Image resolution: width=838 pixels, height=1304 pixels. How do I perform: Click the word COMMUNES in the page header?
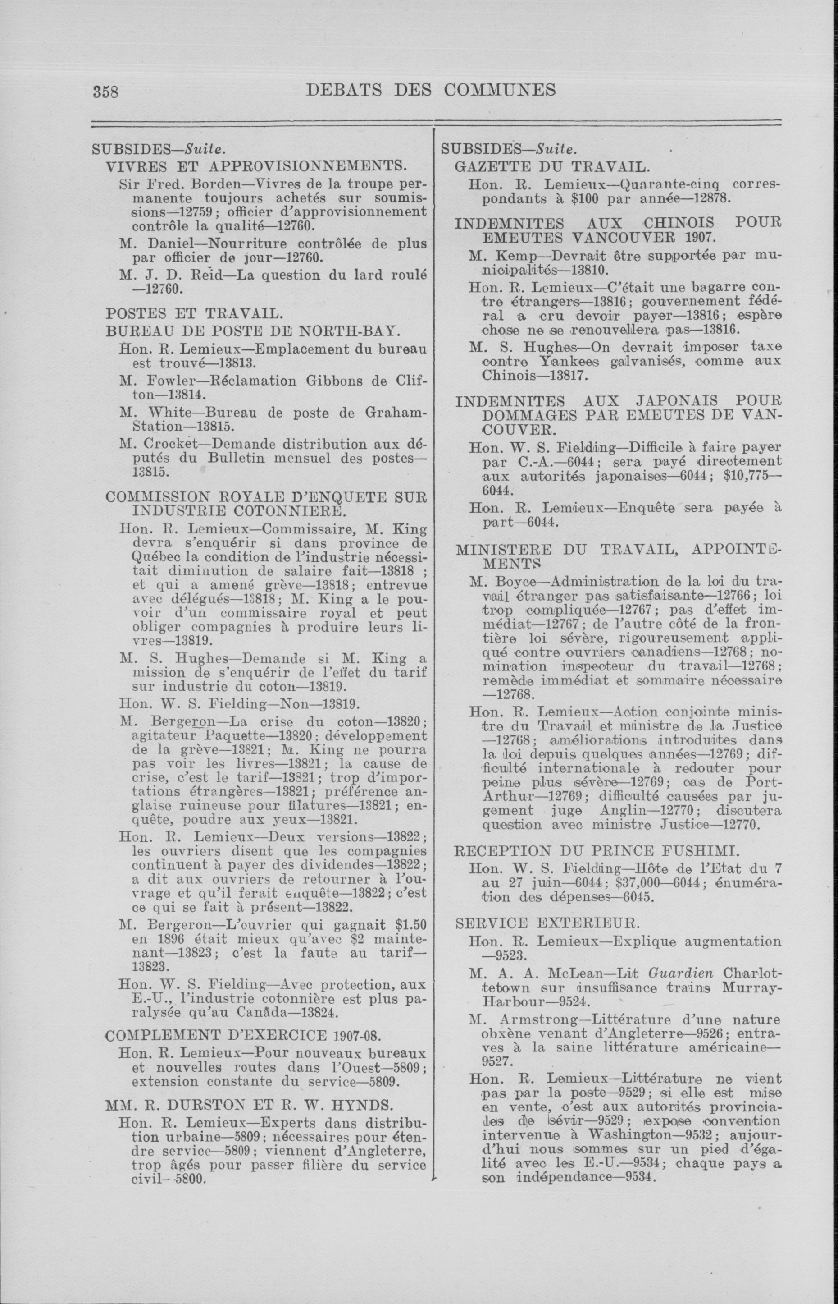[x=500, y=89]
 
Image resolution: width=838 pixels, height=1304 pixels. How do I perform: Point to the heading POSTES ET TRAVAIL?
[x=194, y=314]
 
